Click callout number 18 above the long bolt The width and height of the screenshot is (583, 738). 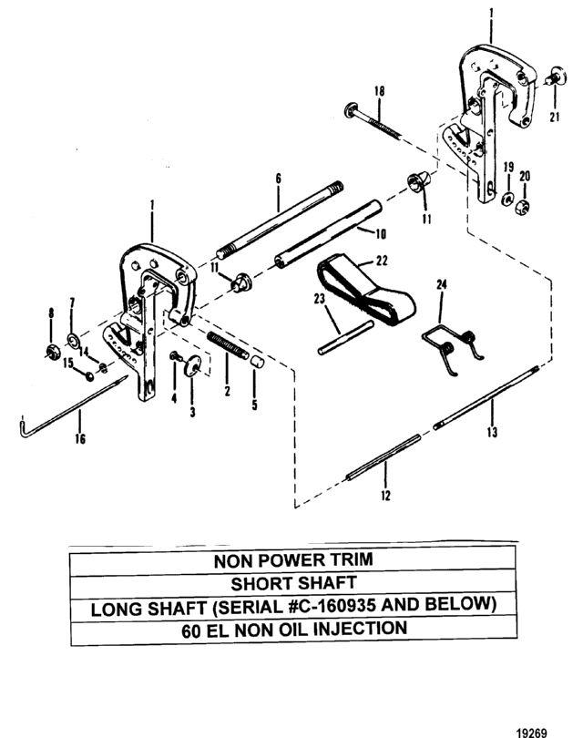pyautogui.click(x=379, y=91)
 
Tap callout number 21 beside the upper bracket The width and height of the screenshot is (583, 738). pyautogui.click(x=555, y=117)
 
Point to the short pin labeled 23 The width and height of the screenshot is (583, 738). pyautogui.click(x=346, y=337)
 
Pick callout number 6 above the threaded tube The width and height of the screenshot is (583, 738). pyautogui.click(x=278, y=179)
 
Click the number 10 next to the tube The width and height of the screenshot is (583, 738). pyautogui.click(x=380, y=233)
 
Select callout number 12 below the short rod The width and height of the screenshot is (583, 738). pyautogui.click(x=385, y=495)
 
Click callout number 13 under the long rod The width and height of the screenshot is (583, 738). pyautogui.click(x=492, y=432)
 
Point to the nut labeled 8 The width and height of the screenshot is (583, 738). pyautogui.click(x=51, y=351)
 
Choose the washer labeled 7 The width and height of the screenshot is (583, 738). pyautogui.click(x=73, y=340)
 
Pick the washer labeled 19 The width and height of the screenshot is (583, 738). pyautogui.click(x=507, y=198)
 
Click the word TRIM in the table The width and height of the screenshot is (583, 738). pyautogui.click(x=350, y=559)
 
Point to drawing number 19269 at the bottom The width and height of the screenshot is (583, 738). pyautogui.click(x=532, y=733)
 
